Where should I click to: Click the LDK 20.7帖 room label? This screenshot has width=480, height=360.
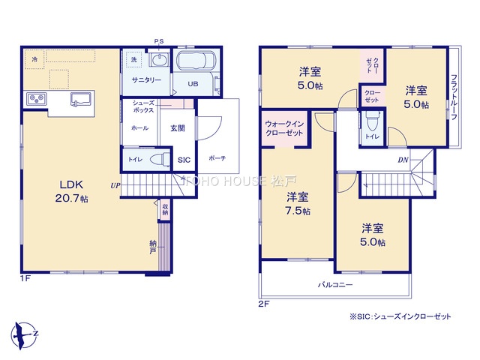click(71, 192)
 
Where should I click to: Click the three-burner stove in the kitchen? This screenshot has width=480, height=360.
click(36, 98)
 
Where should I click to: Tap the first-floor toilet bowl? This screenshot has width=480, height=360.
click(160, 160)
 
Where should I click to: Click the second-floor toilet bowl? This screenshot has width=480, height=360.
click(372, 121)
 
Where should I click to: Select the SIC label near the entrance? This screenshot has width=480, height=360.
click(184, 160)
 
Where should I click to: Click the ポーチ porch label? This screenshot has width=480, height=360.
click(217, 158)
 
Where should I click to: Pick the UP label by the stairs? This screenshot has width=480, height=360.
click(115, 185)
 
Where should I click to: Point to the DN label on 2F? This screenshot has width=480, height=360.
click(403, 160)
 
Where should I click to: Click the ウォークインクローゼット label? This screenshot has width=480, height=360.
click(284, 128)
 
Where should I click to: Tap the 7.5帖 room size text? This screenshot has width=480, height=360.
click(298, 211)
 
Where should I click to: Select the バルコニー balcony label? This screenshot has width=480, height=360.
click(335, 285)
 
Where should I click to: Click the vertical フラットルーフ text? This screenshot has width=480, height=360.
click(454, 97)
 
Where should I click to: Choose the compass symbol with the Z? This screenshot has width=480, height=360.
click(24, 335)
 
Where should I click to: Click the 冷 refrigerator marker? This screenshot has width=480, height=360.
click(35, 59)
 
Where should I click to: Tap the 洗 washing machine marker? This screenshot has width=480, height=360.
click(133, 60)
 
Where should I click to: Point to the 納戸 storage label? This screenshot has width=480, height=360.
click(153, 247)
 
